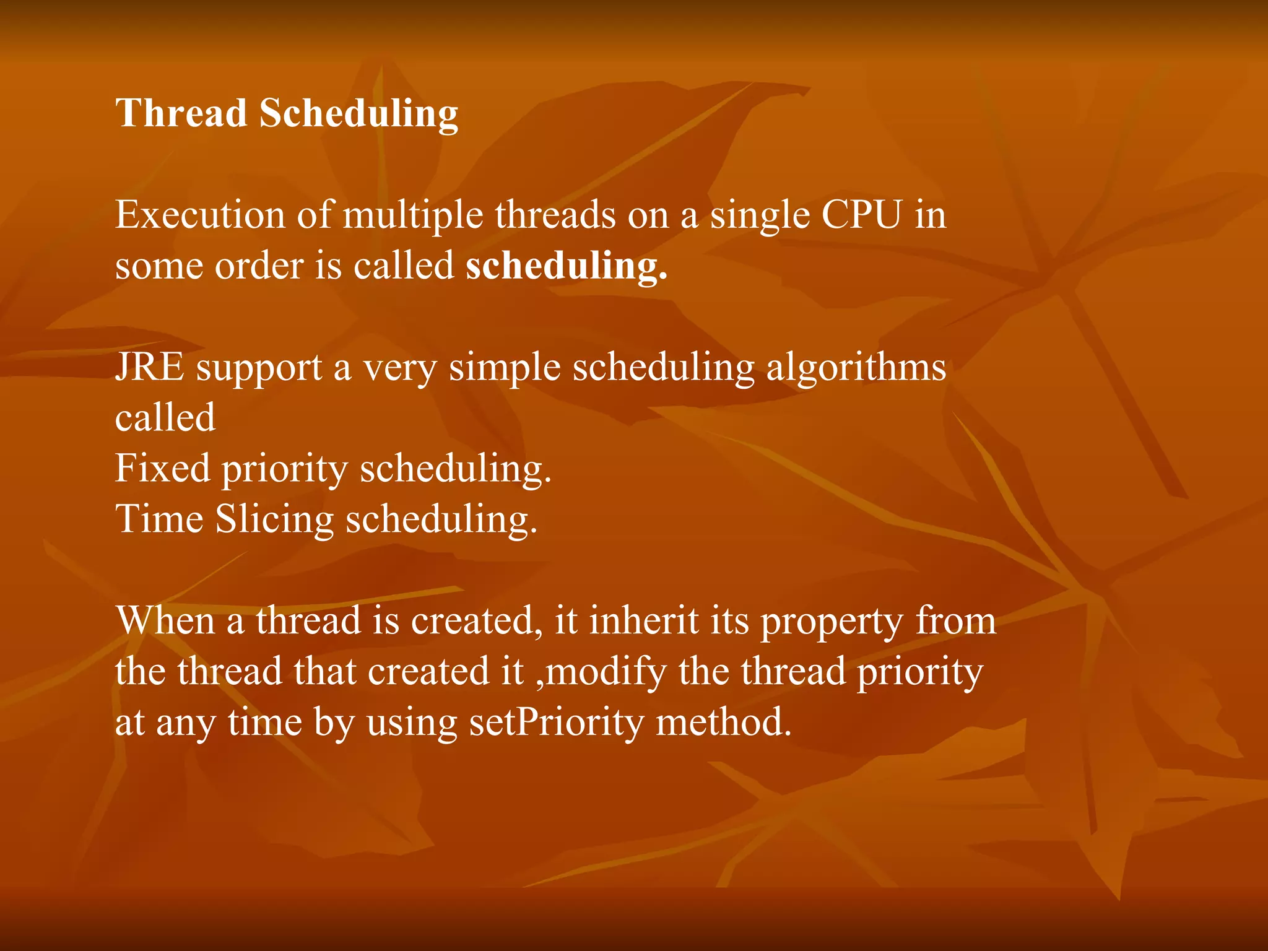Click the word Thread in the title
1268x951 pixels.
[x=181, y=113]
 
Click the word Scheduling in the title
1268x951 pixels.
[x=358, y=115]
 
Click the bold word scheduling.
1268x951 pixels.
[x=566, y=266]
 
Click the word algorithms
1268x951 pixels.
[x=856, y=368]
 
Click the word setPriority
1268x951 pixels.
[x=556, y=723]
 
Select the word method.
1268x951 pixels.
[x=723, y=722]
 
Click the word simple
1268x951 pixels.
[x=505, y=368]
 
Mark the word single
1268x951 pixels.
[x=760, y=216]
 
